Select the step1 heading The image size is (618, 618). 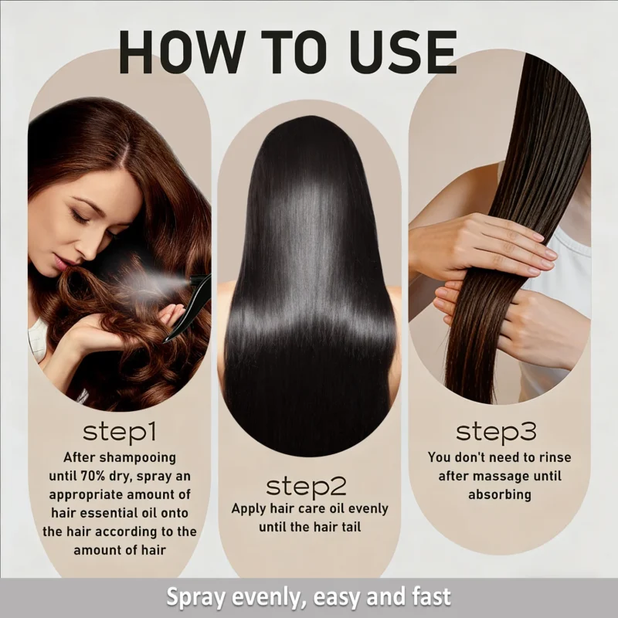(x=120, y=431)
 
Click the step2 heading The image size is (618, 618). (x=307, y=487)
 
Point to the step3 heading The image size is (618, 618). (x=497, y=430)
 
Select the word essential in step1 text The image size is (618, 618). (x=129, y=512)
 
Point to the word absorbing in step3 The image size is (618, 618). (x=499, y=494)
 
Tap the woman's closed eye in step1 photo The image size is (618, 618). (x=80, y=217)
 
